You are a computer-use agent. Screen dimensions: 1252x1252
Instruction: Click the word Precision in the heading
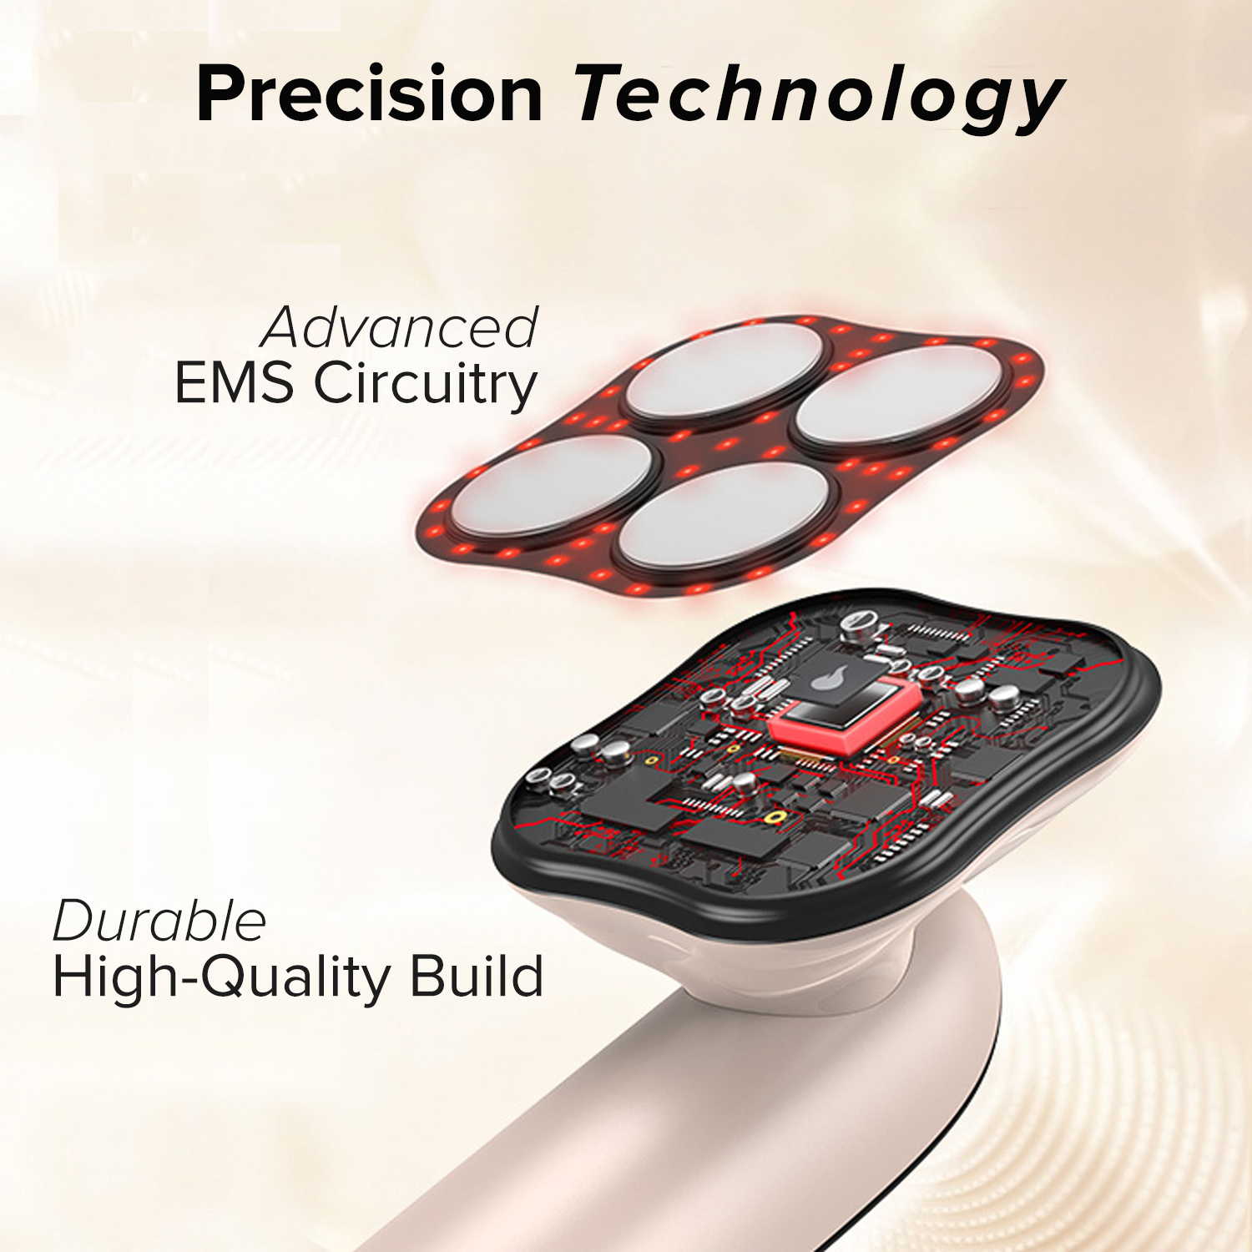pyautogui.click(x=370, y=93)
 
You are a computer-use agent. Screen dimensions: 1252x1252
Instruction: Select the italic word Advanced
pyautogui.click(x=400, y=327)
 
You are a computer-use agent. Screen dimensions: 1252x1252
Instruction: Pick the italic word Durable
pyautogui.click(x=159, y=921)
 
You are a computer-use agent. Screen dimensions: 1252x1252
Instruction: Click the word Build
pyautogui.click(x=477, y=976)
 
